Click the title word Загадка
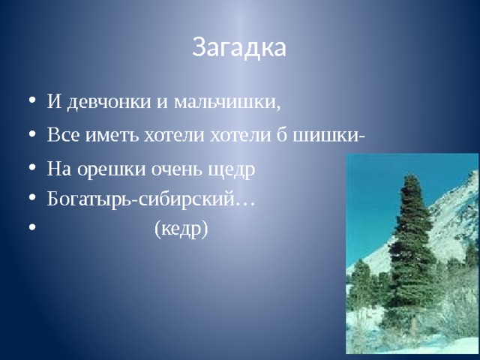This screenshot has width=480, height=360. pyautogui.click(x=239, y=47)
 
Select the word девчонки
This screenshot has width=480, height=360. pyautogui.click(x=109, y=102)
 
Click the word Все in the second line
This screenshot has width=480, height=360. pyautogui.click(x=63, y=134)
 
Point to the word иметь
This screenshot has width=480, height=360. pyautogui.click(x=112, y=135)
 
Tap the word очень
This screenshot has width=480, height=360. pyautogui.click(x=177, y=169)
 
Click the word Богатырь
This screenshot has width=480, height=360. pyautogui.click(x=91, y=200)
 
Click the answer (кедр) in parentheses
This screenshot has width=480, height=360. pyautogui.click(x=181, y=229)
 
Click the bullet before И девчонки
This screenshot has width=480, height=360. pyautogui.click(x=32, y=100)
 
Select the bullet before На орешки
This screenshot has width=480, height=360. pyautogui.click(x=32, y=168)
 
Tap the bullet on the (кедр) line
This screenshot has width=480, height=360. pyautogui.click(x=32, y=227)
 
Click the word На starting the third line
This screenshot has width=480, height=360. pyautogui.click(x=59, y=169)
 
